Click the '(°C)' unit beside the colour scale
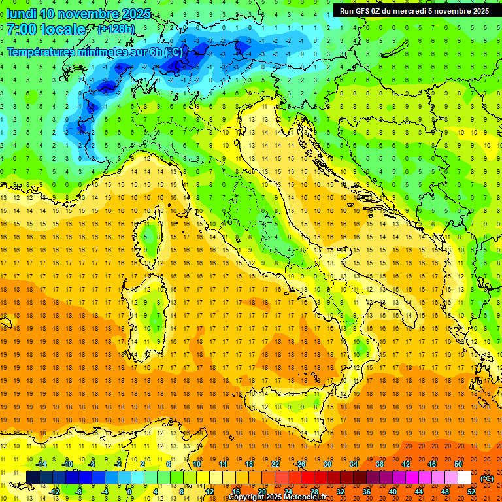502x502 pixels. pyautogui.click(x=486, y=478)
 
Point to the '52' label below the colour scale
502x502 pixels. pyautogui.click(x=471, y=492)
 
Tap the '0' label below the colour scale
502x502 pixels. pyautogui.click(x=129, y=492)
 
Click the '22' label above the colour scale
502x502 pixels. pyautogui.click(x=275, y=464)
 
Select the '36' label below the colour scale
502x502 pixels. pyautogui.click(x=366, y=492)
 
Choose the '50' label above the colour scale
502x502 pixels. pyautogui.click(x=458, y=464)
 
